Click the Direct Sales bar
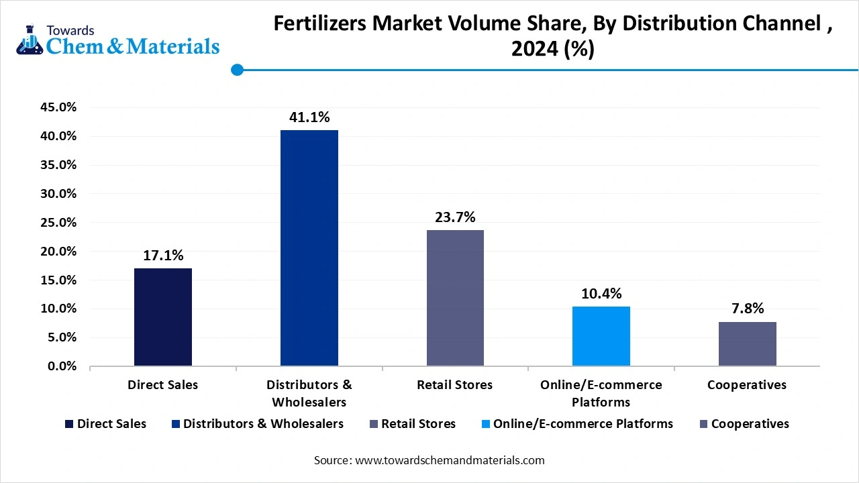tap(163, 317)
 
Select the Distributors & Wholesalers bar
tap(309, 248)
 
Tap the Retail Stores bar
tap(455, 298)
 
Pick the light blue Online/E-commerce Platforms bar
tap(601, 336)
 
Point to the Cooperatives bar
tap(747, 343)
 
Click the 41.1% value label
tap(309, 117)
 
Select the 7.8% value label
tap(747, 309)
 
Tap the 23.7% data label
tap(455, 217)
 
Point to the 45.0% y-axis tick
tap(59, 107)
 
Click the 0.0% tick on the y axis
tap(62, 366)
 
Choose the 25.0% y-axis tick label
tap(59, 223)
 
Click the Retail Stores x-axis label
tap(454, 385)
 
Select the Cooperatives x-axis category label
tap(747, 385)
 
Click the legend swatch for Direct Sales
tap(69, 424)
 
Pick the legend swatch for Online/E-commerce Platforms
tap(485, 424)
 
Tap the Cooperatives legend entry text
tap(750, 424)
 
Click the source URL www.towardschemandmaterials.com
tap(449, 460)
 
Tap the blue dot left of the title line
tap(236, 69)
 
